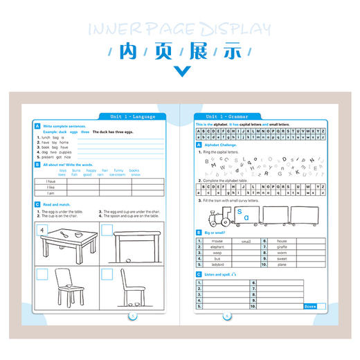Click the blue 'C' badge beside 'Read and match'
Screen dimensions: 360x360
click(37, 205)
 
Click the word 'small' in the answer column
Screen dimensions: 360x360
click(246, 241)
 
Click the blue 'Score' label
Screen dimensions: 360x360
click(309, 305)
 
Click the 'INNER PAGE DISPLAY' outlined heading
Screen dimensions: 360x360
click(180, 29)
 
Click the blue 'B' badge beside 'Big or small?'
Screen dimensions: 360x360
click(199, 233)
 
